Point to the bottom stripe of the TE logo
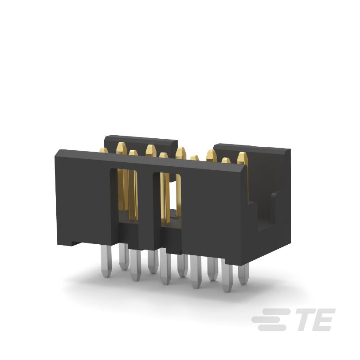(x=274, y=328)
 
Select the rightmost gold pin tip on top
(x=242, y=158)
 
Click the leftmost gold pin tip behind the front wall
(x=104, y=151)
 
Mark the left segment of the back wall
(x=140, y=142)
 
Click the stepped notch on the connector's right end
(x=266, y=213)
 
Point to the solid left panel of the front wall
(x=82, y=197)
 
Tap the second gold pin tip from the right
(x=226, y=160)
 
